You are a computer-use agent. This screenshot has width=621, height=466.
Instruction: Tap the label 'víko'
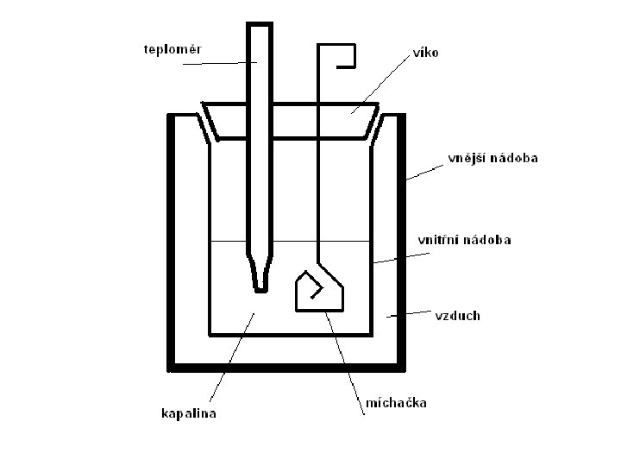coord(424,53)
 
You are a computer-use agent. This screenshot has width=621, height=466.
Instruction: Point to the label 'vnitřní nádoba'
coord(464,240)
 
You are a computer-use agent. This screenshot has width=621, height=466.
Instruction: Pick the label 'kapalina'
coord(189,414)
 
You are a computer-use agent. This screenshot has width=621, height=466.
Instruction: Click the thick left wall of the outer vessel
coord(172,242)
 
